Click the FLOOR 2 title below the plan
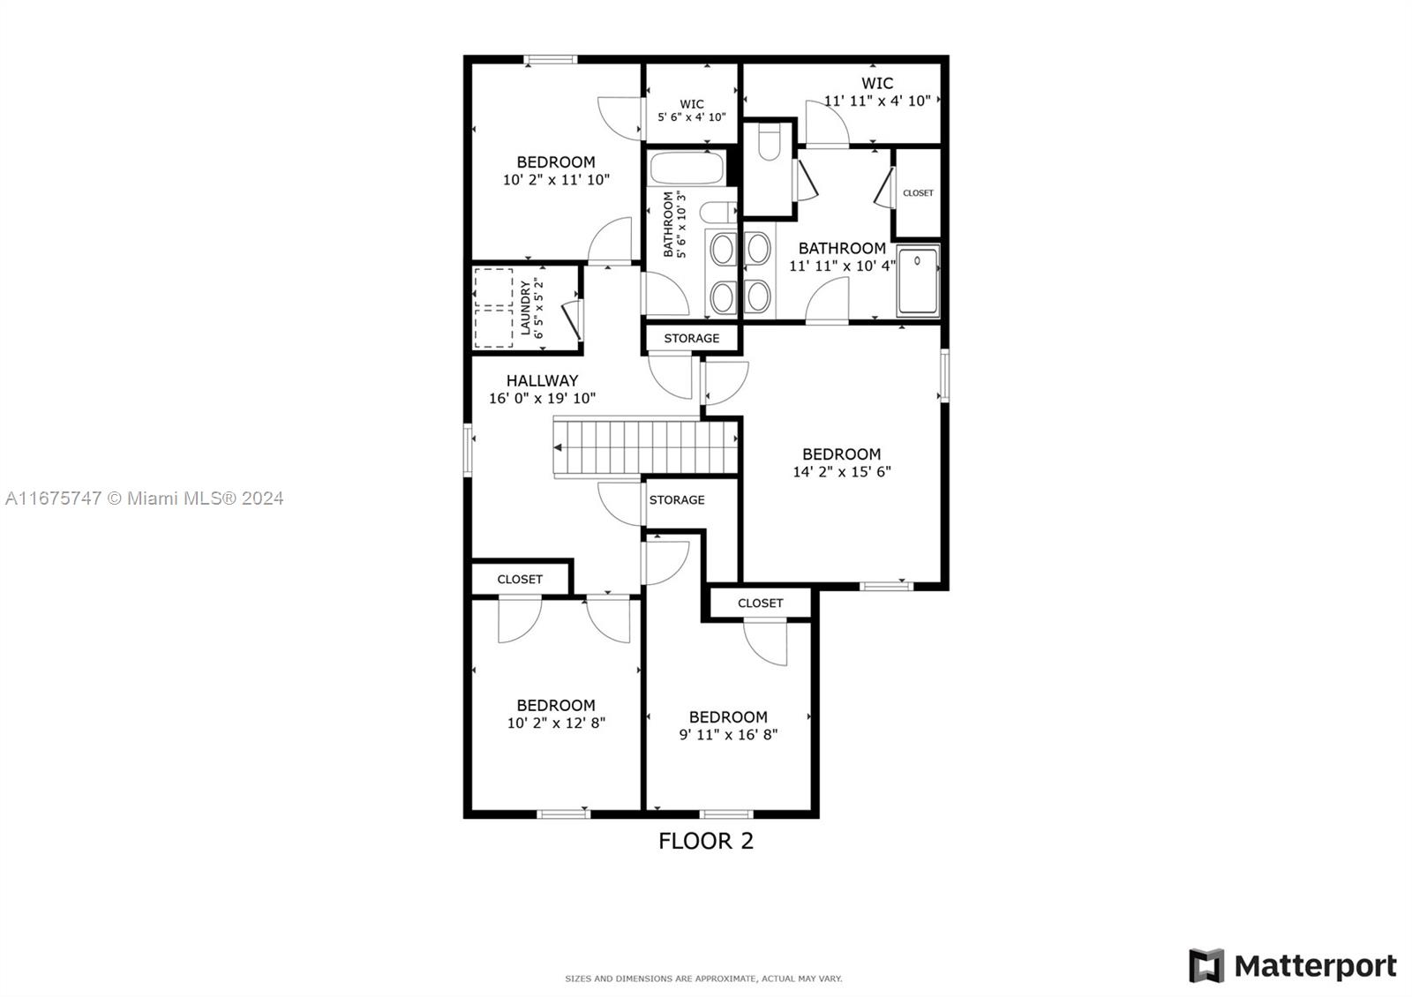(705, 841)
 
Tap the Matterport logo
(1292, 965)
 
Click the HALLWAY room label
(542, 380)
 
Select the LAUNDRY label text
(526, 308)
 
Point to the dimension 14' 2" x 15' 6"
(842, 471)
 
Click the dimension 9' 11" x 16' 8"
(728, 734)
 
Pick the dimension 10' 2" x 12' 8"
(556, 723)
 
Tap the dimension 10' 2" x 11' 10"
(556, 180)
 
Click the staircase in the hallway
(645, 447)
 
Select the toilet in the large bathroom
(769, 141)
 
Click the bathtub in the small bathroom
(687, 168)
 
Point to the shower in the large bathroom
(918, 281)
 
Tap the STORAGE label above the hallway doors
(692, 339)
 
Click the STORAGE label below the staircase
(677, 499)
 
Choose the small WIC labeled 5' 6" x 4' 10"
(692, 110)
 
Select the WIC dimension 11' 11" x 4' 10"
(877, 101)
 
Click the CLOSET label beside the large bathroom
(918, 193)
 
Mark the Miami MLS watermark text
(145, 498)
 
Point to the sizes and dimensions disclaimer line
(703, 978)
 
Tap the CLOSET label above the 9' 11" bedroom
(760, 603)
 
